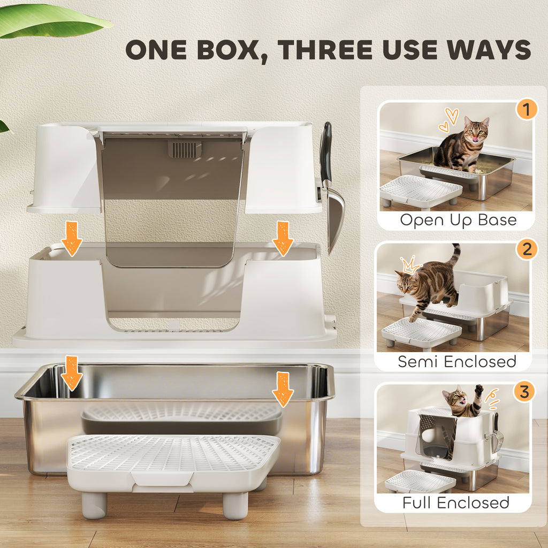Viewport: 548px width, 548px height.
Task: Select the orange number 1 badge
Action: [526, 110]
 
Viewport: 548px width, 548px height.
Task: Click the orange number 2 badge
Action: [527, 249]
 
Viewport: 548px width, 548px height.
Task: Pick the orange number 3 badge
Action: [524, 392]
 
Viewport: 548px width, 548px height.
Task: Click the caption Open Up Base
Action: [458, 220]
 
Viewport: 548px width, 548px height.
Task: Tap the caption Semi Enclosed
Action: [456, 362]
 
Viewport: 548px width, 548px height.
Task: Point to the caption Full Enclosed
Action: [456, 503]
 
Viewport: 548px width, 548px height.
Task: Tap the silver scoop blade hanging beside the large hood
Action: [336, 219]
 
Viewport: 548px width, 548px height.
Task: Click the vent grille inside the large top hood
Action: [185, 149]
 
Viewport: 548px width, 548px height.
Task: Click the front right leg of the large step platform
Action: [235, 505]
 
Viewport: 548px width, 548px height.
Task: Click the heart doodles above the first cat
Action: [448, 120]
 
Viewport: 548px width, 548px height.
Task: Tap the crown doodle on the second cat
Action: [409, 264]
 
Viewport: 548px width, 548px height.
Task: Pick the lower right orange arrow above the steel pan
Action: [283, 390]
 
